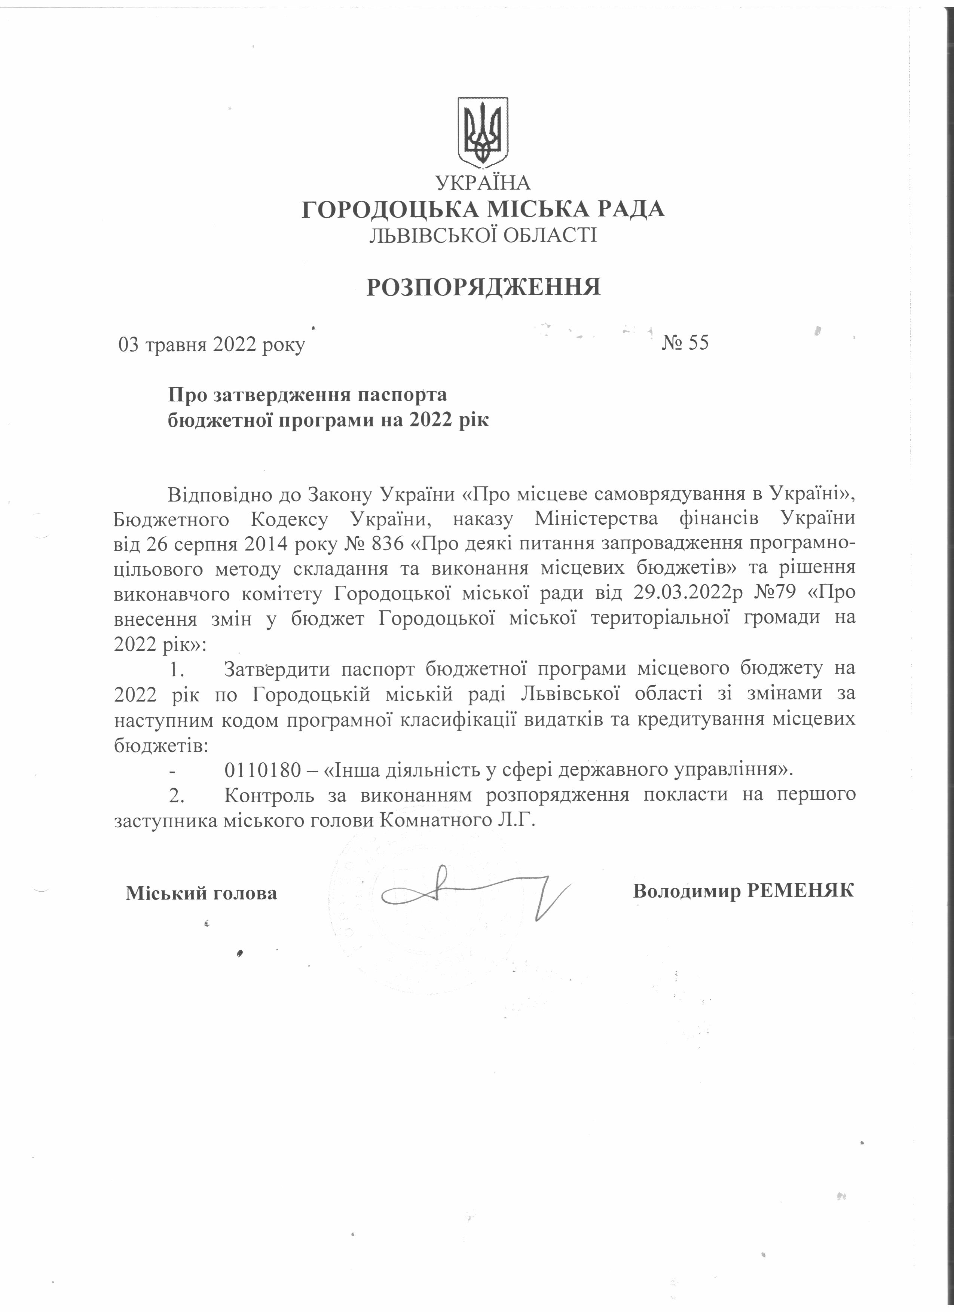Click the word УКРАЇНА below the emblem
pos(483,183)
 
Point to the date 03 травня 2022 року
pos(211,345)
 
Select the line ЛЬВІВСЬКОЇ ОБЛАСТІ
pos(483,235)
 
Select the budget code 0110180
pos(263,769)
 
